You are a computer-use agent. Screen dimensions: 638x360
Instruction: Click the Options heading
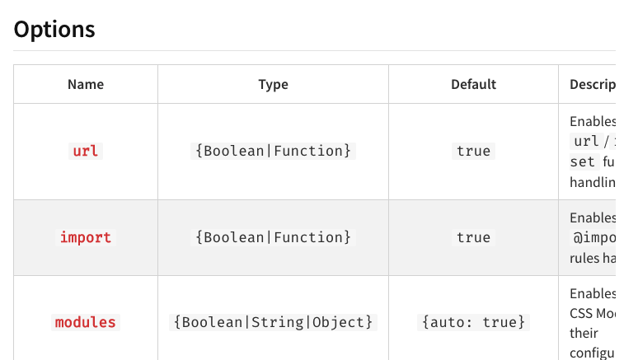[54, 30]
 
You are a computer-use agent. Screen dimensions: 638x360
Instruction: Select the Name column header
[86, 84]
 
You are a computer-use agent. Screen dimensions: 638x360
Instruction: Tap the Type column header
[273, 84]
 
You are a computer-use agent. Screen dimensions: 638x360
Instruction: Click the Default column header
[473, 84]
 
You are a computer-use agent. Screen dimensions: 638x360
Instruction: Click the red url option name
[86, 151]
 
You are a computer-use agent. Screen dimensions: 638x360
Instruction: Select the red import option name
[86, 237]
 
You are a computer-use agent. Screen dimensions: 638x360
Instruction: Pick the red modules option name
[86, 322]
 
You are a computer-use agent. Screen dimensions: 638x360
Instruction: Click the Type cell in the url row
[273, 151]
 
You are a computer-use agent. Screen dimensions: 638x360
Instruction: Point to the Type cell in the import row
[273, 237]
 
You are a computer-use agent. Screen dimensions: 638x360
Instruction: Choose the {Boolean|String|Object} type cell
[273, 322]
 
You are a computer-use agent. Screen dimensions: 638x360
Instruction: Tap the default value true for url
[473, 151]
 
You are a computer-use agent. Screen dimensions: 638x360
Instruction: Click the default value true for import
[473, 237]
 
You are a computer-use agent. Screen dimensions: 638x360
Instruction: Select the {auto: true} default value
[473, 322]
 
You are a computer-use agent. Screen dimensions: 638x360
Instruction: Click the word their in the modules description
[584, 334]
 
